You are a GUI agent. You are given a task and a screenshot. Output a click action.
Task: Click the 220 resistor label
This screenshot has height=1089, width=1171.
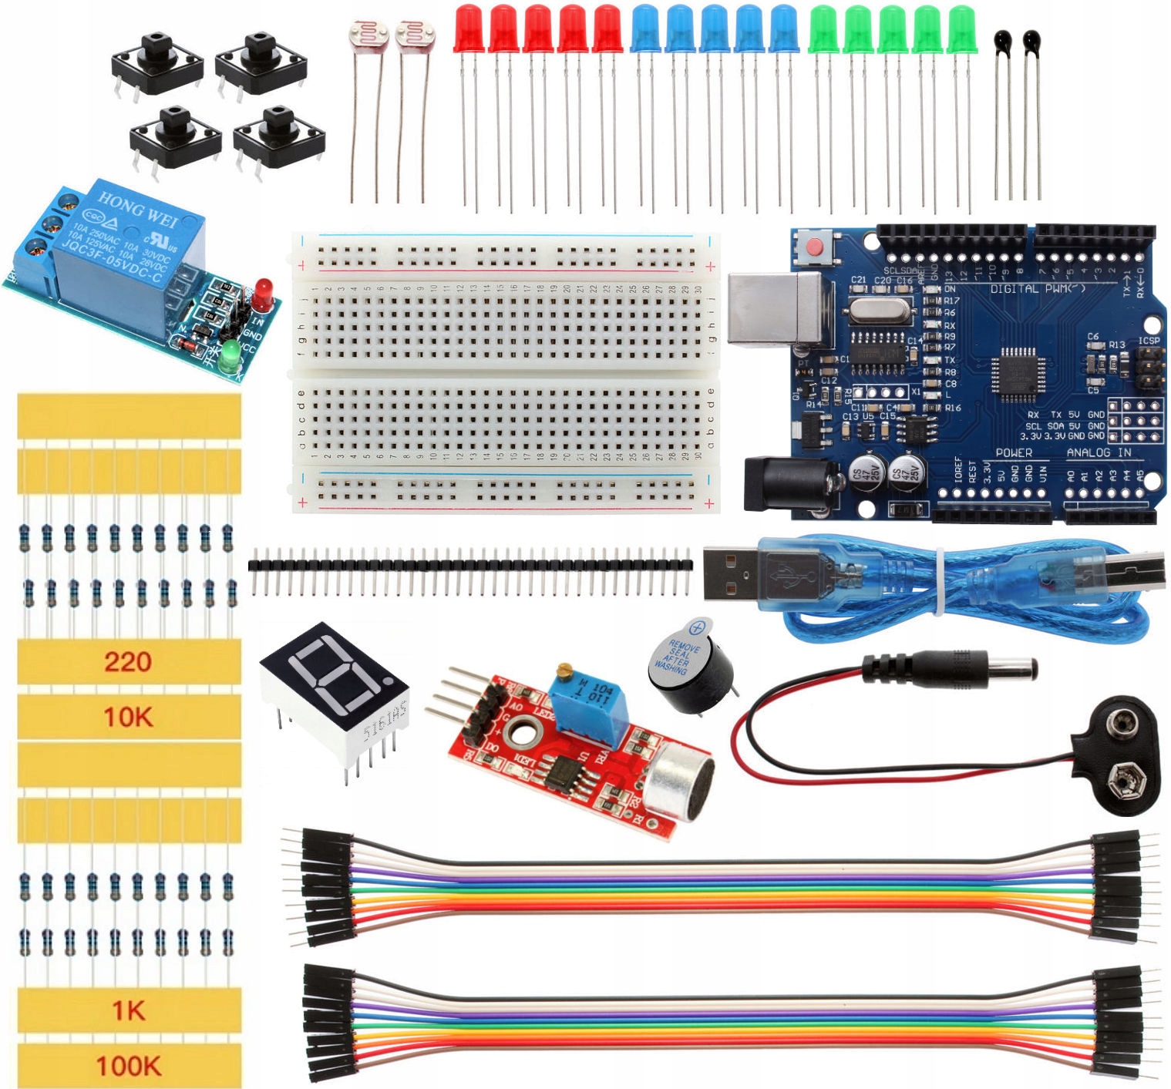(x=128, y=661)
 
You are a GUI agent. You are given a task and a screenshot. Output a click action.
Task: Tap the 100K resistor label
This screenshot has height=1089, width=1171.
(x=128, y=1066)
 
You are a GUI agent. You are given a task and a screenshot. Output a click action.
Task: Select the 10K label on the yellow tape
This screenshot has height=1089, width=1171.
(x=128, y=717)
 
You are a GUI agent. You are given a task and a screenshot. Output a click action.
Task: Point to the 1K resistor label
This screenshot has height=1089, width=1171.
(x=128, y=1010)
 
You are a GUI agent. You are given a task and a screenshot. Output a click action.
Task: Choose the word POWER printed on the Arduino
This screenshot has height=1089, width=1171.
(x=1013, y=452)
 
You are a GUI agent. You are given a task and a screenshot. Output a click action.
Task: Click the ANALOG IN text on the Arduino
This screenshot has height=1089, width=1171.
(x=1099, y=452)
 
